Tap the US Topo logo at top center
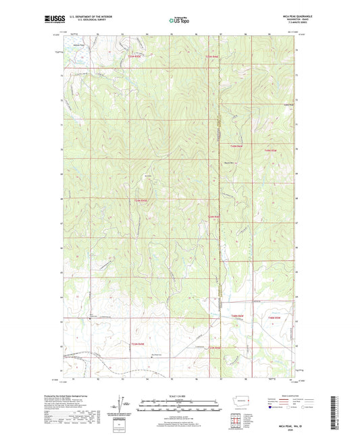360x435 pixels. click(179, 21)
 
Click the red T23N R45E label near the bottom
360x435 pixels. click(138, 344)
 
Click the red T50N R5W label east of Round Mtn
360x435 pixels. click(270, 150)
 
